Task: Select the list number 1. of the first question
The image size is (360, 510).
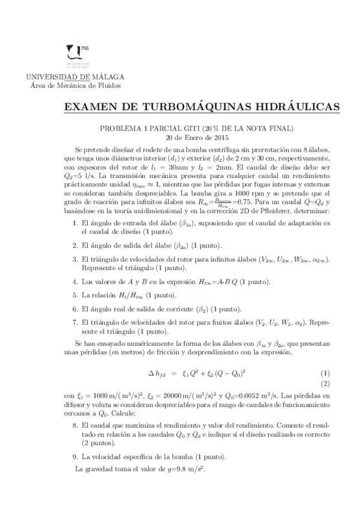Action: pyautogui.click(x=75, y=224)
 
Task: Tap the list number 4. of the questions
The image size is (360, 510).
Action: pyautogui.click(x=75, y=281)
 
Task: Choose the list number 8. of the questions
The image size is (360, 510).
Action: pyautogui.click(x=75, y=425)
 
